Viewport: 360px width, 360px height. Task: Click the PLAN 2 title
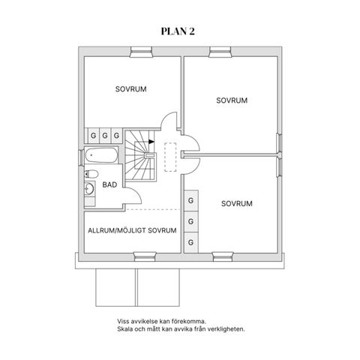coord(178,31)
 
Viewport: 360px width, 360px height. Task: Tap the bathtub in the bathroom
coord(101,155)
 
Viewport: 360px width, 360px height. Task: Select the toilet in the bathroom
coord(91,174)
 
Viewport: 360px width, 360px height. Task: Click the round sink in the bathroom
coord(89,188)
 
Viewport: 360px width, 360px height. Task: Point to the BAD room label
coord(109,185)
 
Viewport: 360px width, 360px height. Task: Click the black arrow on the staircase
coord(151,142)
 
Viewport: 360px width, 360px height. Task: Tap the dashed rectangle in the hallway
coord(170,157)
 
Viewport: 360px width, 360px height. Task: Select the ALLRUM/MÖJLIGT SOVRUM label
coord(132,230)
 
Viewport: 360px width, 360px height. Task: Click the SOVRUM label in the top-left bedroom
coord(130,89)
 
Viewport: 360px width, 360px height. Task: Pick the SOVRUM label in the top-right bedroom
coord(232,100)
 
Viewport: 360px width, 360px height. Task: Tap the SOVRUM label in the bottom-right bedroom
coord(237,203)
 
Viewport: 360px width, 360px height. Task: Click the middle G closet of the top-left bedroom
coord(105,136)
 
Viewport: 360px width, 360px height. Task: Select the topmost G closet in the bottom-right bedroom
coord(191,200)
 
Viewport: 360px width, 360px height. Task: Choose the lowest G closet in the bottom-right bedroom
coord(191,242)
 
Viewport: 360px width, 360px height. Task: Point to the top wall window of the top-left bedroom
coord(141,52)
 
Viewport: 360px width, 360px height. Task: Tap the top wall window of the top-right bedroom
coord(220,52)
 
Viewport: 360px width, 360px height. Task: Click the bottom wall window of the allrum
coord(145,256)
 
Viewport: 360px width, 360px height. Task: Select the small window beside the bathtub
coord(81,157)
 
